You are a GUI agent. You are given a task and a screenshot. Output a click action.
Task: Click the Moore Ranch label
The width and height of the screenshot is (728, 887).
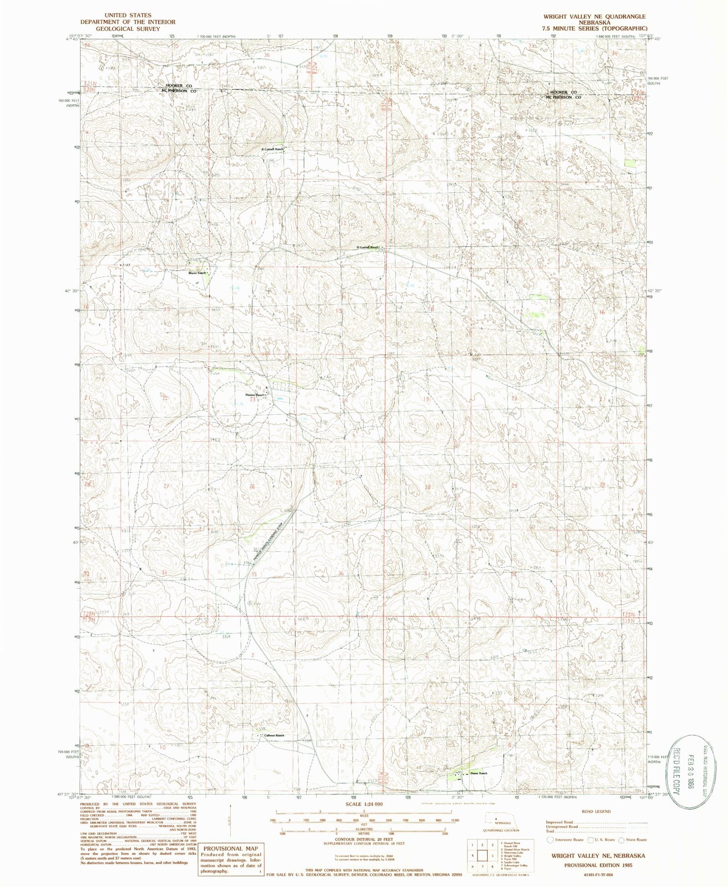(x=198, y=273)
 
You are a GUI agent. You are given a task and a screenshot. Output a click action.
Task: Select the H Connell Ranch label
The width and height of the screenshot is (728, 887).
(x=367, y=247)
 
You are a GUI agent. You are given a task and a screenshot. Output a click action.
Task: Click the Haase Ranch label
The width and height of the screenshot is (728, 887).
(x=478, y=773)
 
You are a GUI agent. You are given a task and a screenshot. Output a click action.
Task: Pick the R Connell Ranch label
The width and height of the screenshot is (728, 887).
(x=272, y=148)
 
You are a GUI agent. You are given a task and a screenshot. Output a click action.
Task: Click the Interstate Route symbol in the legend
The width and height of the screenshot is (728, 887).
(x=549, y=839)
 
